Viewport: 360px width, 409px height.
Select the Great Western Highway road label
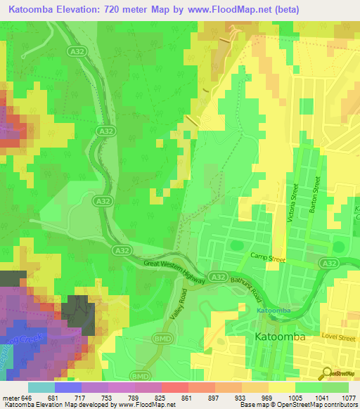point(175,271)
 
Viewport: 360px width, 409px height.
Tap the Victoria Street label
point(293,204)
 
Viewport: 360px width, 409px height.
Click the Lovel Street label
point(338,338)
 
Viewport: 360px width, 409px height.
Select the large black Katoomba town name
point(278,338)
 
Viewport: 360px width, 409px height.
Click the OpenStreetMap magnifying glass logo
point(326,374)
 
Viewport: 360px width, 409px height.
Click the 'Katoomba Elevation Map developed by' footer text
point(53,404)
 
